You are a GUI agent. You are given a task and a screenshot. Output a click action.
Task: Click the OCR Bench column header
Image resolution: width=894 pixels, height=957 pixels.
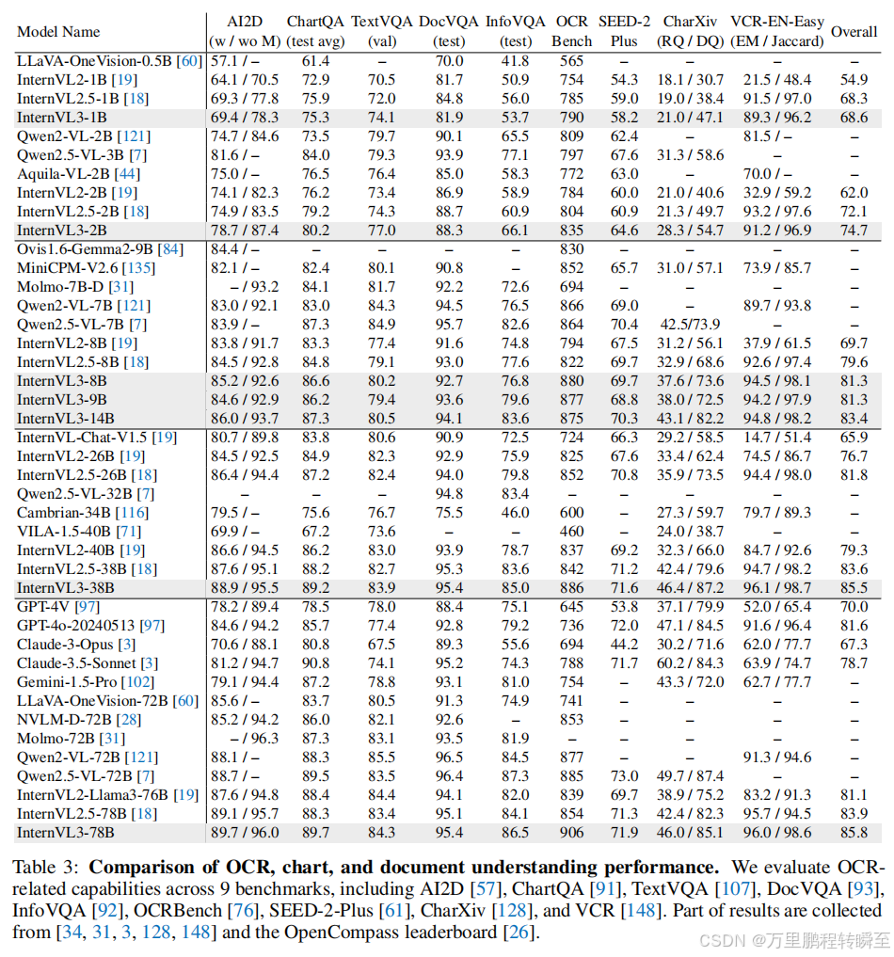coord(571,31)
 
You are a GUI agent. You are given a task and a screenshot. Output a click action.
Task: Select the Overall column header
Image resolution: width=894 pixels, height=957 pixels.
coord(854,31)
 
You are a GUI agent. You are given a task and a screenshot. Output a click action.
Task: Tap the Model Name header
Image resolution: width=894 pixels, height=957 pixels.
coord(58,31)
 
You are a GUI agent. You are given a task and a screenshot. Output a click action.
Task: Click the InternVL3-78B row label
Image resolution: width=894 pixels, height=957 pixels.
coord(62,832)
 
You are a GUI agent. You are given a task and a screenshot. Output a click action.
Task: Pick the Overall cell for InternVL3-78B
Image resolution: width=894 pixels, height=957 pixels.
coord(854,832)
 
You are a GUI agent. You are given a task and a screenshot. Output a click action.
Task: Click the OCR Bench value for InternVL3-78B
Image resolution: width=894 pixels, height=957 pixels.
coord(571,832)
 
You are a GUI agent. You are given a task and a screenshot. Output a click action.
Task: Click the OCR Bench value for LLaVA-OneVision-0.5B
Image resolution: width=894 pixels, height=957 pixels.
coord(571,60)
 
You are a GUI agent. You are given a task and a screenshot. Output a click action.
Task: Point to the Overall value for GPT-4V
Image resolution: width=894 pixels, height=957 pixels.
coord(854,606)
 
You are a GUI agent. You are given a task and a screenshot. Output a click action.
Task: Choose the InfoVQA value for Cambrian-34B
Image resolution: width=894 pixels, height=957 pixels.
coord(515,512)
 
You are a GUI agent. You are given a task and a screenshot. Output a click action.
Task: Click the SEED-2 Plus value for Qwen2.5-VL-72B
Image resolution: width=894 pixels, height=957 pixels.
coord(624,775)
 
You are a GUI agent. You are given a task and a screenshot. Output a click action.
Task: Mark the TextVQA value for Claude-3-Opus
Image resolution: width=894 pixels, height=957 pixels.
coord(380,644)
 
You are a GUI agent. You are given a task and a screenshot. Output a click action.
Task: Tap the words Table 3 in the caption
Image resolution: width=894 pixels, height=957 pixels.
coord(44,866)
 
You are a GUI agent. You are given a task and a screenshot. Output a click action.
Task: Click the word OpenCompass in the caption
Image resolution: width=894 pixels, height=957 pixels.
coord(407,932)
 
